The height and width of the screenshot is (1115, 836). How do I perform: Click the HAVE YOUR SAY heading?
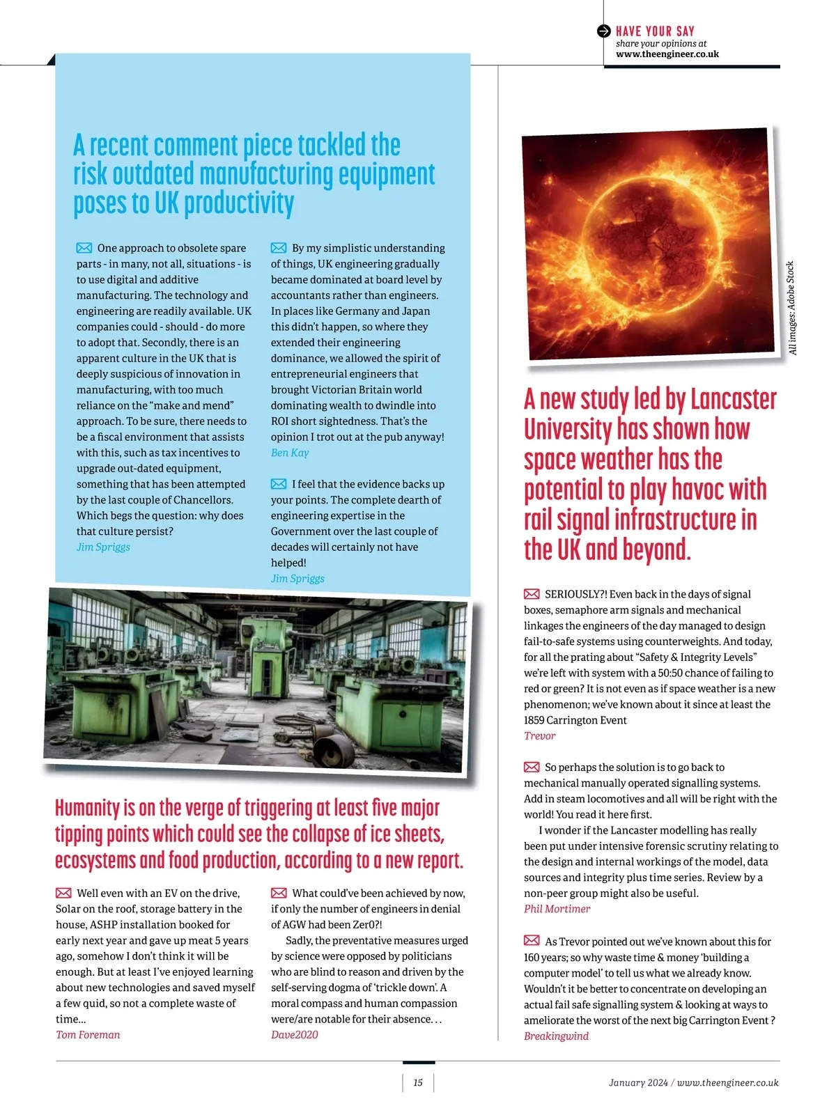tap(655, 31)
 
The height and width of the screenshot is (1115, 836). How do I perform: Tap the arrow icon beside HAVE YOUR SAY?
tap(604, 31)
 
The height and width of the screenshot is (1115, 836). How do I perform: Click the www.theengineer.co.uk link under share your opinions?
tap(667, 54)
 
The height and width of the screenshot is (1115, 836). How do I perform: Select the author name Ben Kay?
tap(290, 453)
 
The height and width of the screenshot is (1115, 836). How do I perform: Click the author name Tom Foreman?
tap(88, 1035)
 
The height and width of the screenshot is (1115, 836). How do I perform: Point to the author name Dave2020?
tap(295, 1035)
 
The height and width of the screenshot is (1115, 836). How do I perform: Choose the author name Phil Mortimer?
tap(557, 909)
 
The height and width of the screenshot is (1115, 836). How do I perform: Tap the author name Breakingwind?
tap(556, 1036)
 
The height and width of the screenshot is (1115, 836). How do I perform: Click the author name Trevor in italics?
tap(540, 736)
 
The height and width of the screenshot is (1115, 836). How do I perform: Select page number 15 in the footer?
tap(418, 1083)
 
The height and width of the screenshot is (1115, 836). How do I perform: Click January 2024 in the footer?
tap(638, 1083)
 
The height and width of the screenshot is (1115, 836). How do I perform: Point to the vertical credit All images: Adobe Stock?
tap(791, 309)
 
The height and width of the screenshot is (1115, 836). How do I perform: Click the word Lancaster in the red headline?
tap(734, 400)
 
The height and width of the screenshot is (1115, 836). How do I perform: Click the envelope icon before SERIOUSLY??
tap(532, 594)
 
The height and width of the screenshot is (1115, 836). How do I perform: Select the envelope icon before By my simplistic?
tap(279, 248)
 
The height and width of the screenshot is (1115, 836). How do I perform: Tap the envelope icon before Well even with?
tap(63, 893)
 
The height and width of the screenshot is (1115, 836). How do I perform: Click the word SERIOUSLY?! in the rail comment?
tap(576, 594)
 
